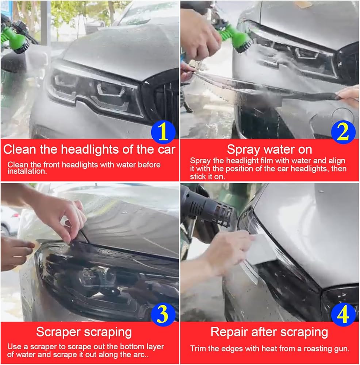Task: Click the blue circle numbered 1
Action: [x=163, y=132]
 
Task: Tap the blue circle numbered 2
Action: [x=343, y=132]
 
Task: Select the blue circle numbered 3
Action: [x=163, y=315]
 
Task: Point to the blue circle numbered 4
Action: [x=343, y=315]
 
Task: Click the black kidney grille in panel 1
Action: [x=163, y=100]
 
